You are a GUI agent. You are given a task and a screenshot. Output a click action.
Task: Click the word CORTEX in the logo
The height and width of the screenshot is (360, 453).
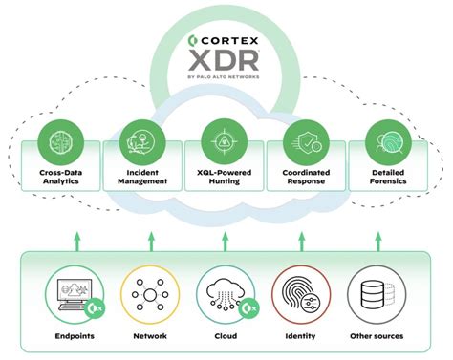pyautogui.click(x=232, y=42)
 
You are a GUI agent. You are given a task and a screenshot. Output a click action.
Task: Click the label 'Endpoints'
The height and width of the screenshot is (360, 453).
pyautogui.click(x=73, y=335)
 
